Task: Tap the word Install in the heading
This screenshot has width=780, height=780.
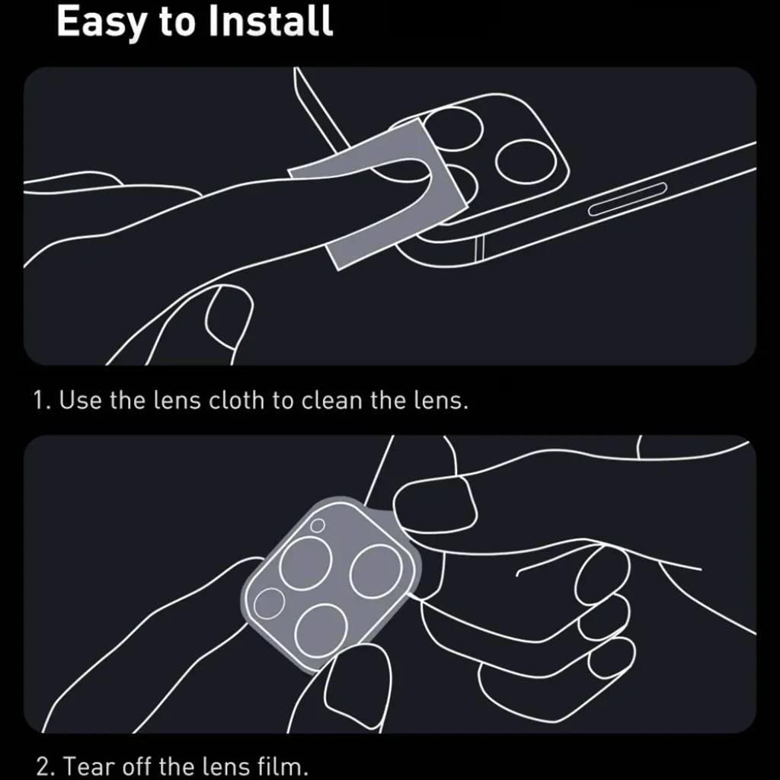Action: tap(270, 21)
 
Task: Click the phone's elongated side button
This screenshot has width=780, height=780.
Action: tap(628, 199)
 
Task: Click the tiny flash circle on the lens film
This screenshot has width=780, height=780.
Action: tap(318, 526)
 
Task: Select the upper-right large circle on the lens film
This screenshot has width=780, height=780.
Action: tap(376, 572)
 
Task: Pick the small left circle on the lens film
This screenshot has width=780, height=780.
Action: tap(269, 603)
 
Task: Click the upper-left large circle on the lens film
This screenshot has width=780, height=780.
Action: tap(305, 563)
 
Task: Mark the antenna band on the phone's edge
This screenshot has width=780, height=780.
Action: tap(480, 249)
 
